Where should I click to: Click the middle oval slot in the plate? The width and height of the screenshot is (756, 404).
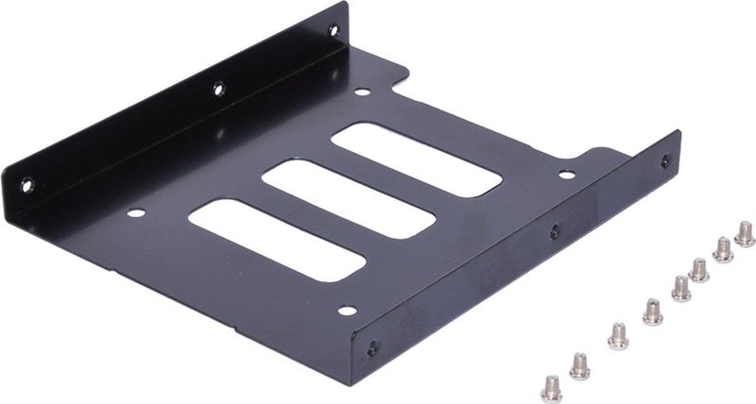(x=348, y=198)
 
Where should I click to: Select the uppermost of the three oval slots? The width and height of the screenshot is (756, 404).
(x=416, y=159)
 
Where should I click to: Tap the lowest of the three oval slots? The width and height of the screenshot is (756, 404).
(x=276, y=239)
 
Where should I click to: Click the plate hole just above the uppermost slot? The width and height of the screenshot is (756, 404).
(x=362, y=93)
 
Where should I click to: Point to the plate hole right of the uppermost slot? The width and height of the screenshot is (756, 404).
(x=566, y=175)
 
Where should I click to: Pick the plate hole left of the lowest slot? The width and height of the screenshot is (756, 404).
(x=136, y=213)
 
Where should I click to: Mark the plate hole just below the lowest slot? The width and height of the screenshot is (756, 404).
(x=347, y=310)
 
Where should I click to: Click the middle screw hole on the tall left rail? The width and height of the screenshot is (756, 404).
(x=218, y=90)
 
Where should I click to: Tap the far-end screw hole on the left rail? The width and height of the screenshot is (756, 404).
(x=334, y=30)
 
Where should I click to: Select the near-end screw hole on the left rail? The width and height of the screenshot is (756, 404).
(x=26, y=185)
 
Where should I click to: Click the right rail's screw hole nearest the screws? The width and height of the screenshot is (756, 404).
(x=665, y=161)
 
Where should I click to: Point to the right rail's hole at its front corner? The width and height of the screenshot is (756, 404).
(x=372, y=348)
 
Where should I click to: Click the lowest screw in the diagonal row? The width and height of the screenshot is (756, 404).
(x=551, y=388)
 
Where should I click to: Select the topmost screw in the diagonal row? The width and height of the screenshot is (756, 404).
(x=745, y=232)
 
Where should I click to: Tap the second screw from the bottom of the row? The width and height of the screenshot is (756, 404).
(x=579, y=365)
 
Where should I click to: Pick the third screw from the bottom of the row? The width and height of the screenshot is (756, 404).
(x=618, y=335)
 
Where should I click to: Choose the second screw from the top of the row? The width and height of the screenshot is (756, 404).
(x=723, y=249)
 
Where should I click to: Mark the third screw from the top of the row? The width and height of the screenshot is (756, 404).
(x=699, y=270)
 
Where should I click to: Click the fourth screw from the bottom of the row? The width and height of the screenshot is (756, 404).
(x=653, y=310)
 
